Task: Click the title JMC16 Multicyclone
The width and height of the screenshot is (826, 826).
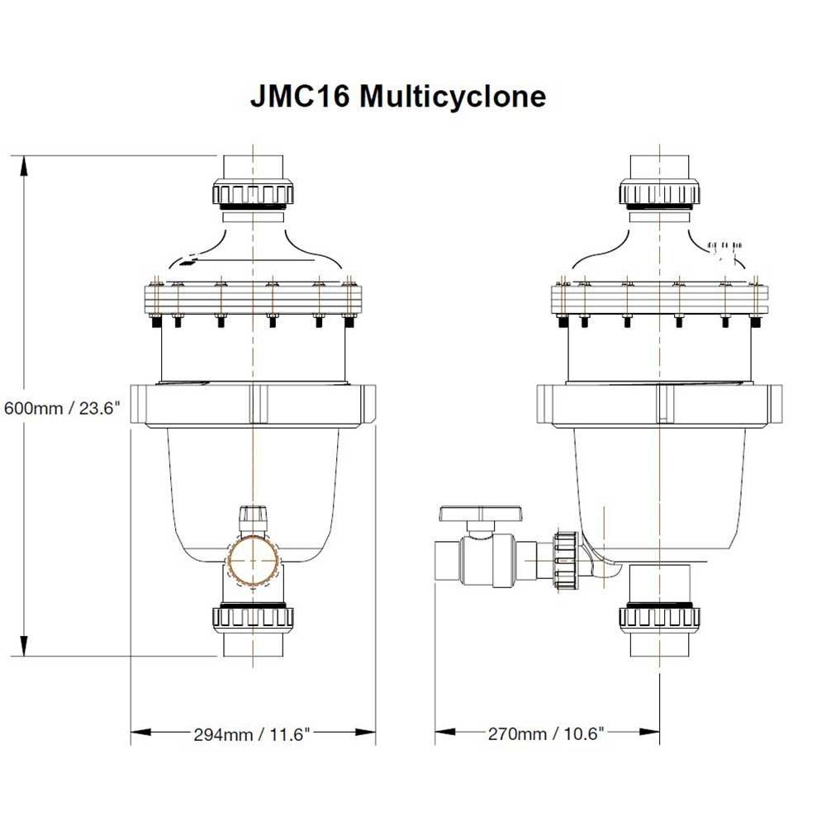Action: tap(397, 97)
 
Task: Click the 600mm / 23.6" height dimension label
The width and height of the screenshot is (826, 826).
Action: tap(62, 407)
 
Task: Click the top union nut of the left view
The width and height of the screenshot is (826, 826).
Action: tap(254, 194)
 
